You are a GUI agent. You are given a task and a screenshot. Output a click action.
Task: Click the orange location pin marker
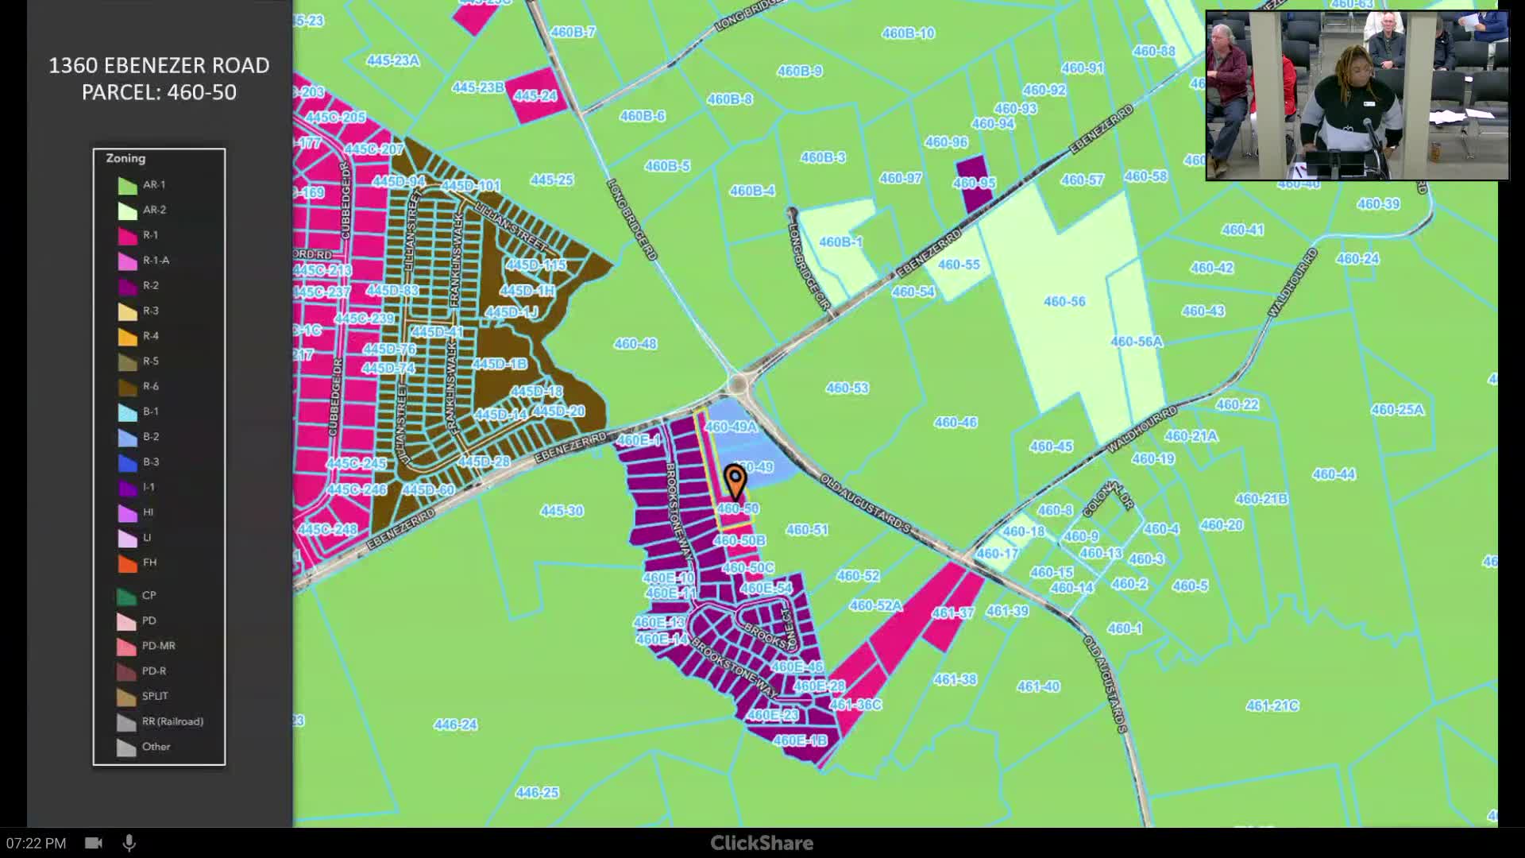click(x=735, y=481)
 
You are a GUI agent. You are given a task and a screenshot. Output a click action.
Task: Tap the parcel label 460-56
click(x=1064, y=302)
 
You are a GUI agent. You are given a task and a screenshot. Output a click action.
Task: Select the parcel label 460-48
click(x=635, y=344)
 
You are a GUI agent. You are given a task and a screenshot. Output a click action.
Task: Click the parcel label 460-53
click(x=847, y=388)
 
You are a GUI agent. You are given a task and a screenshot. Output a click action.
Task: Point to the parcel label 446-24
click(x=456, y=725)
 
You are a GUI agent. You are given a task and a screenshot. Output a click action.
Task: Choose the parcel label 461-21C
click(x=1272, y=706)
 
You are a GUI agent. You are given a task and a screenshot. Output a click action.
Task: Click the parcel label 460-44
click(x=1334, y=475)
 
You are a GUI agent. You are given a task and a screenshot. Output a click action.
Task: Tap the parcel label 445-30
click(x=562, y=511)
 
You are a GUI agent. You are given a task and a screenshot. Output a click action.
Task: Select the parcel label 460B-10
click(x=908, y=33)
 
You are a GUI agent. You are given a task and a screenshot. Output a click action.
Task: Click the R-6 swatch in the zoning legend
click(x=128, y=387)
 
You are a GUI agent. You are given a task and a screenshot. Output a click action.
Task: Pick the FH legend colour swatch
click(x=128, y=563)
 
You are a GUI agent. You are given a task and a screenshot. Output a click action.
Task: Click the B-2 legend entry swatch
click(x=128, y=437)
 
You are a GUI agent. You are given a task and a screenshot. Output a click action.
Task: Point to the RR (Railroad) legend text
click(x=172, y=721)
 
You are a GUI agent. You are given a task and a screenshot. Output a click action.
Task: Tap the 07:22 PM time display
click(x=37, y=843)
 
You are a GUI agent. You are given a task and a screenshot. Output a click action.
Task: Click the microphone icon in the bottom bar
click(x=129, y=843)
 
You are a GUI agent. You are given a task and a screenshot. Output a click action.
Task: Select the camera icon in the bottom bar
click(x=94, y=843)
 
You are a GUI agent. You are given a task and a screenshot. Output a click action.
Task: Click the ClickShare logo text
click(x=762, y=843)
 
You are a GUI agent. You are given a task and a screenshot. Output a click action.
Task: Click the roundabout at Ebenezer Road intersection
click(x=739, y=385)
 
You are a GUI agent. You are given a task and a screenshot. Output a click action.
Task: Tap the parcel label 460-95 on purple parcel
click(x=974, y=184)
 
